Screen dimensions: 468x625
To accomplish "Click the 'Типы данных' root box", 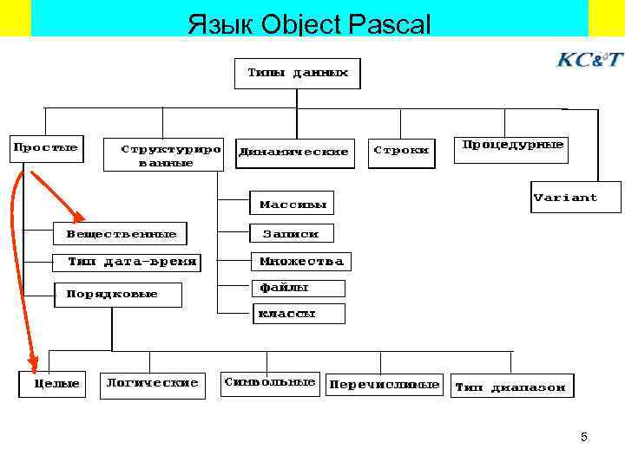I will [x=297, y=73].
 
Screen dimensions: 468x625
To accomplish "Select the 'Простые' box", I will [x=45, y=148].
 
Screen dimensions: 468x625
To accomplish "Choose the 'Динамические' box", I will [x=294, y=152].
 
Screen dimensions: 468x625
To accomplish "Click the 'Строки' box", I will [x=401, y=150].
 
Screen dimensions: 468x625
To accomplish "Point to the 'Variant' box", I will [x=565, y=198].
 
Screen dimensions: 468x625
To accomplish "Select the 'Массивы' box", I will [x=293, y=205].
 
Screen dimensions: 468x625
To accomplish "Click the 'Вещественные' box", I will [x=122, y=234].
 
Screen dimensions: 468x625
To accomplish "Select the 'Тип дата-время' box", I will [x=133, y=262].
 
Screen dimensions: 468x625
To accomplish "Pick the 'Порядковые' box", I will [x=119, y=295].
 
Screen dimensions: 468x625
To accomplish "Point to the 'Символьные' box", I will [x=270, y=383].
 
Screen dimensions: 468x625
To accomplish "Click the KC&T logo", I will [x=589, y=60].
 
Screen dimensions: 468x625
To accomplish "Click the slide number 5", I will [x=584, y=437].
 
